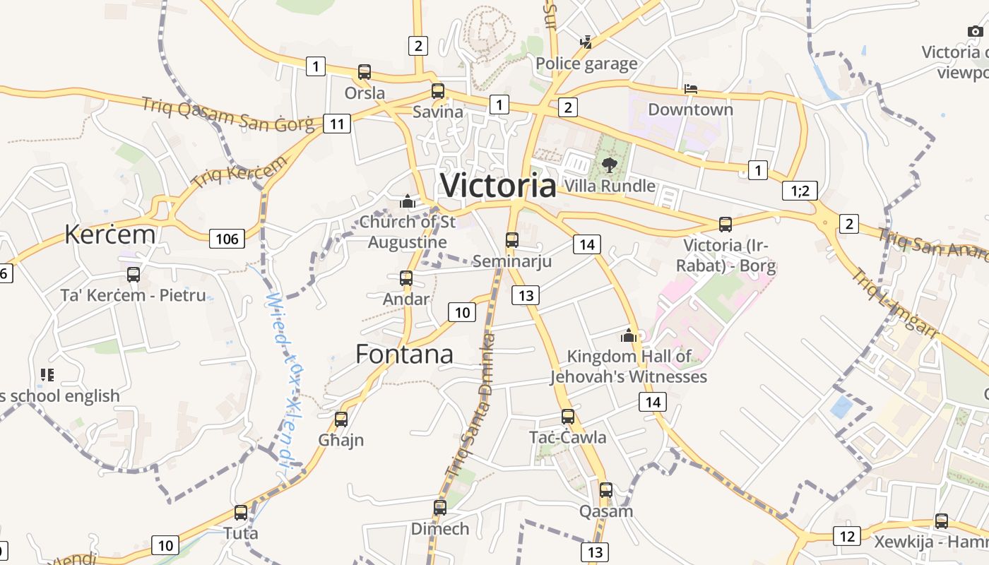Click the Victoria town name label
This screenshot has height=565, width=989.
coord(498,185)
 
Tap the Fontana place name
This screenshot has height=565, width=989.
coord(404,354)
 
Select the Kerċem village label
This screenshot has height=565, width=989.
coord(109,234)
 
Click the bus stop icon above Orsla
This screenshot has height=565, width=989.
coord(365,72)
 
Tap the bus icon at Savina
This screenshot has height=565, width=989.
coord(438,91)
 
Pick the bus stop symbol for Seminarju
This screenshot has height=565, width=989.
coord(512,240)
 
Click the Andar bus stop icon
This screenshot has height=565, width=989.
coord(406,278)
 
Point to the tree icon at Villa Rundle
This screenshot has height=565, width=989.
coord(609,165)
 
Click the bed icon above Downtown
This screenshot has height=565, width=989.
coord(691,89)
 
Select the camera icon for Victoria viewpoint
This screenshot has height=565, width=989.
coord(975,31)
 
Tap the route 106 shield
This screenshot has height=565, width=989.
coord(227,239)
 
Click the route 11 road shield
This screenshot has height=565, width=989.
coord(337,124)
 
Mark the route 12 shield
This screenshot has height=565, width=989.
coord(848,536)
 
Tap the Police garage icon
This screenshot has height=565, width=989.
coord(586,42)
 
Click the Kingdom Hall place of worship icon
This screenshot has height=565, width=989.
coord(629,335)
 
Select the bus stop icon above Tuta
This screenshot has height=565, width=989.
coord(241,513)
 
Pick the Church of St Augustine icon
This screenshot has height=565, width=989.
coord(407,202)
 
